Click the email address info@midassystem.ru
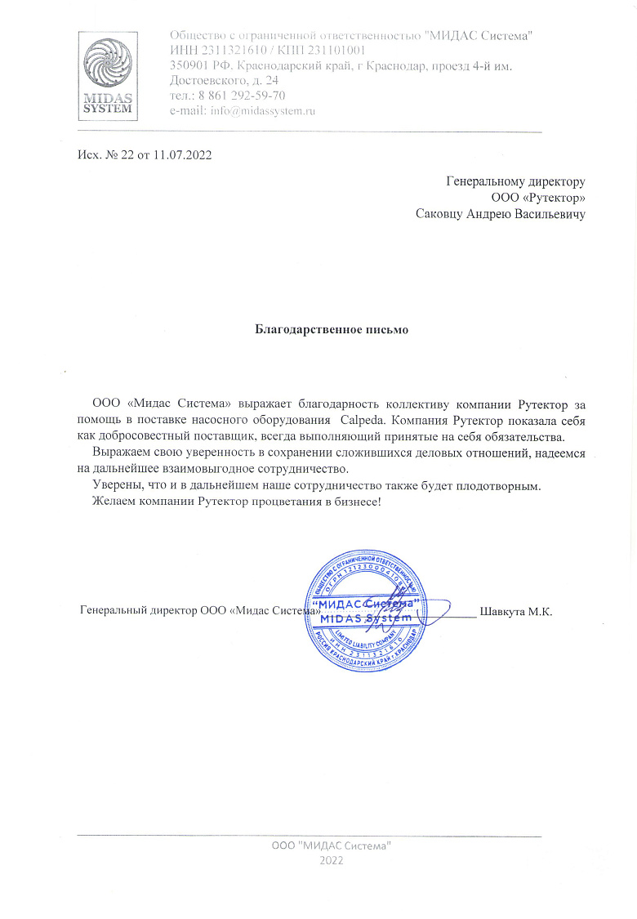coord(263,110)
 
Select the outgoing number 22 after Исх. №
coord(127,155)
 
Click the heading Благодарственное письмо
coord(332,331)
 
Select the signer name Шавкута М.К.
coord(517,611)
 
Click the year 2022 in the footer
coord(332,861)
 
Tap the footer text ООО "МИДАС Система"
coord(332,845)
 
